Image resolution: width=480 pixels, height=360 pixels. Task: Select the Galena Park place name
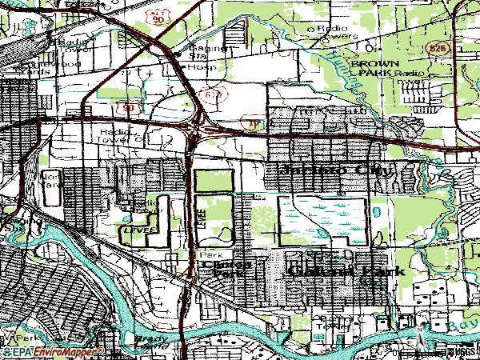pyautogui.click(x=345, y=271)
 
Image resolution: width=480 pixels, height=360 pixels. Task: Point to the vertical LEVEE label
pyautogui.click(x=202, y=218)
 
